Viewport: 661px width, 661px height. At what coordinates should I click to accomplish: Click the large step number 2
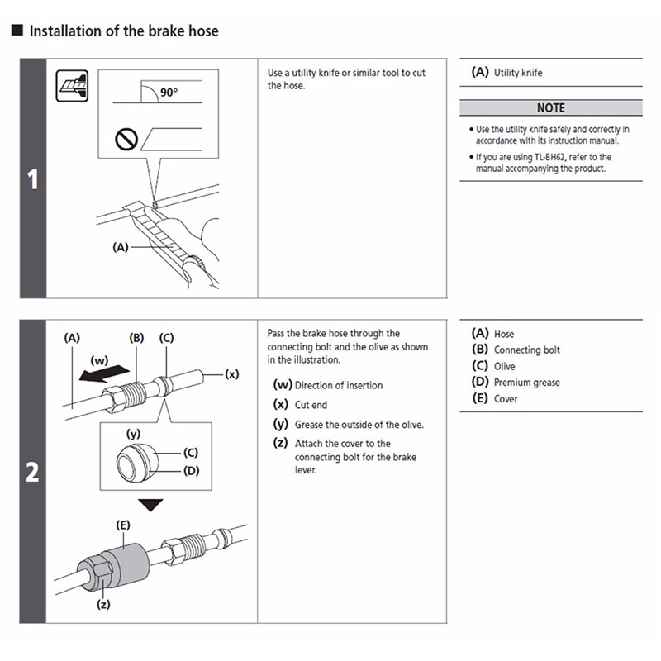[33, 473]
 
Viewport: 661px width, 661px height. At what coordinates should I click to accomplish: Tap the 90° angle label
[169, 93]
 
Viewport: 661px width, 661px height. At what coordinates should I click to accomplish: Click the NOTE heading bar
[550, 108]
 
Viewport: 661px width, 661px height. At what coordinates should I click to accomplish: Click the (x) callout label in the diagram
[232, 374]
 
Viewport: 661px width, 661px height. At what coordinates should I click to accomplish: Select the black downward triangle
[151, 505]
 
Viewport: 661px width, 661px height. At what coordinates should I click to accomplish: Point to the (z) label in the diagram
[105, 604]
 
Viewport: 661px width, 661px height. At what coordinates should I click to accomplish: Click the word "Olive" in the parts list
[504, 366]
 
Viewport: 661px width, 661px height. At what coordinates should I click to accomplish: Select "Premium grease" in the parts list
[526, 383]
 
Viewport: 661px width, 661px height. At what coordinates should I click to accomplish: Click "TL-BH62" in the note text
[570, 156]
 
